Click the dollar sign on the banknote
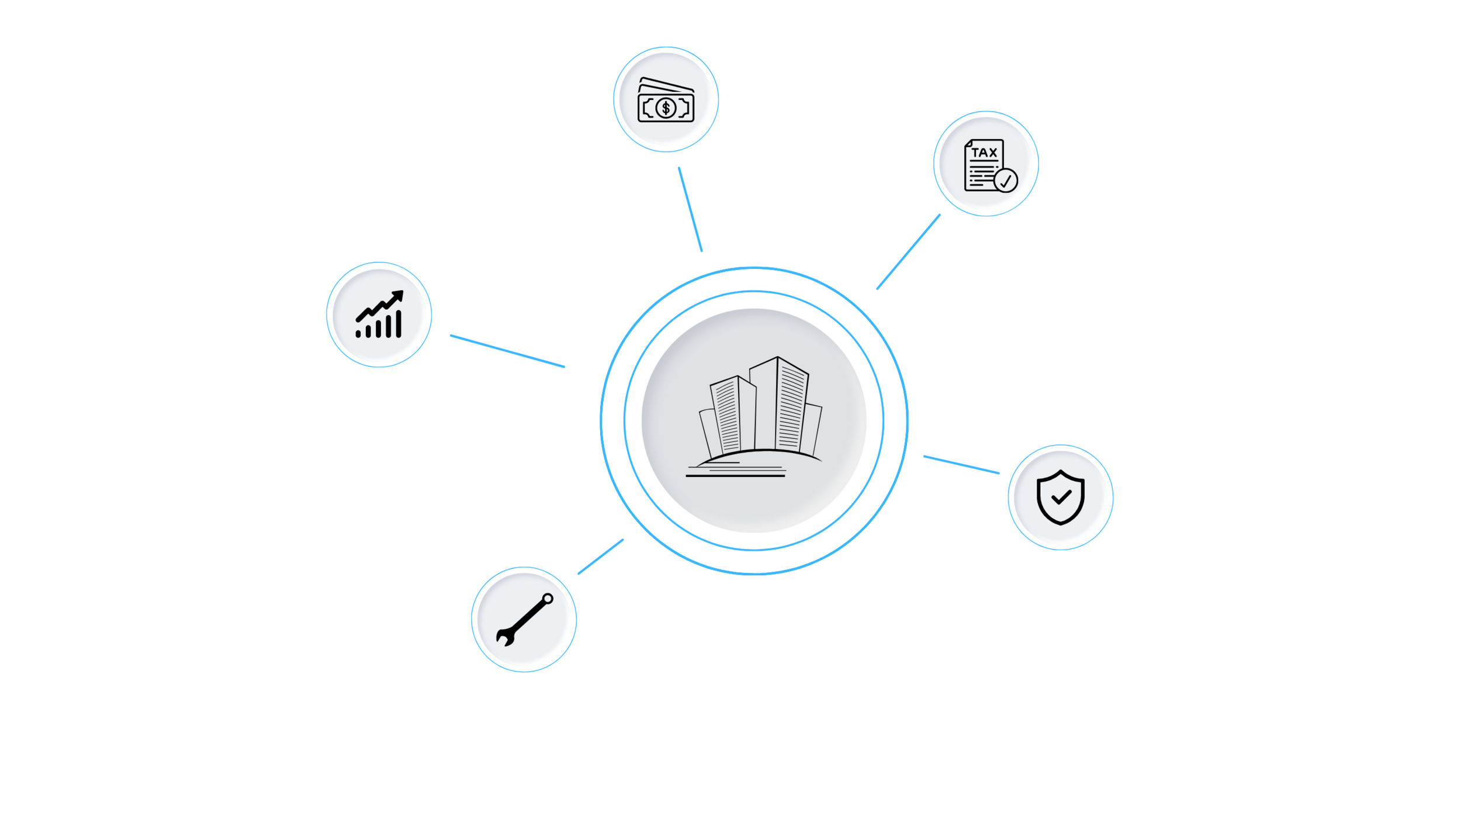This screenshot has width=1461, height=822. tap(666, 108)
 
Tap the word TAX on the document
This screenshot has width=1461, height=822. tap(984, 153)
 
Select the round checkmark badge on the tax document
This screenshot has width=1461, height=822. tap(1005, 181)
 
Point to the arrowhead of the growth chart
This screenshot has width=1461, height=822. tap(398, 296)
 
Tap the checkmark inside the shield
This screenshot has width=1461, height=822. tap(1061, 498)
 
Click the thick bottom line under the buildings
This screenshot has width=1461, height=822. tap(735, 476)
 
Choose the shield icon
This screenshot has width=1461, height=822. tap(1060, 497)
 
